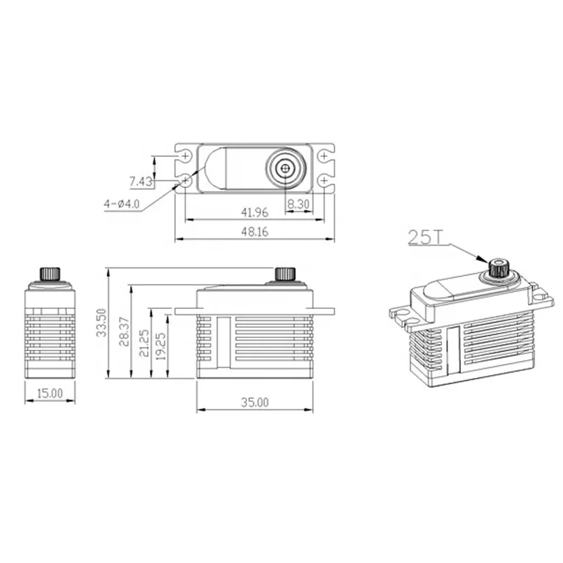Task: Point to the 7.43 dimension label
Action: [141, 182]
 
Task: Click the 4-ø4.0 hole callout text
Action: [122, 204]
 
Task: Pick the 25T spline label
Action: [425, 237]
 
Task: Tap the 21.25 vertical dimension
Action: [144, 343]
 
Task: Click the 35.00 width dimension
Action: [255, 403]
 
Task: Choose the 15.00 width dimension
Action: [49, 393]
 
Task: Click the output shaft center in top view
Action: [284, 167]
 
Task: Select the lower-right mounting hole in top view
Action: [323, 181]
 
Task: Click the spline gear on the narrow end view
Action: [49, 273]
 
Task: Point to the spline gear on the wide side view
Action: [284, 273]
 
